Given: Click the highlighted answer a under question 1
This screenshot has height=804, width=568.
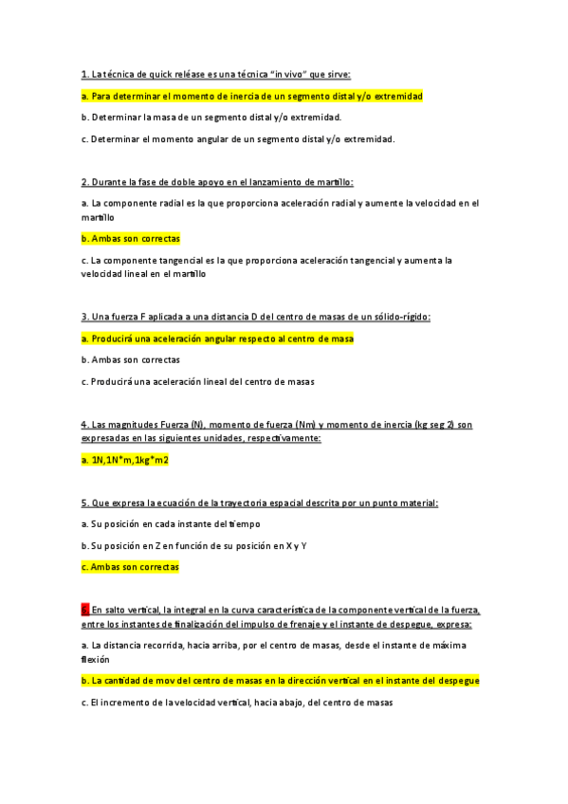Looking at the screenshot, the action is click(x=251, y=96).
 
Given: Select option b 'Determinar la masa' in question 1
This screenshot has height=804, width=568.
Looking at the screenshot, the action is click(x=211, y=118).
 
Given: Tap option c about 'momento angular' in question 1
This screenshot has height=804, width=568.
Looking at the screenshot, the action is click(x=237, y=139).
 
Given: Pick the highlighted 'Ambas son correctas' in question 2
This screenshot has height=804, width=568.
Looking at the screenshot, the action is click(x=131, y=239).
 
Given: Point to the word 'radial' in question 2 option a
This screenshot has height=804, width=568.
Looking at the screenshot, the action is click(x=177, y=203).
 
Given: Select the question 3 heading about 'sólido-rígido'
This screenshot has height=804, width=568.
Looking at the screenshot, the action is click(x=256, y=317).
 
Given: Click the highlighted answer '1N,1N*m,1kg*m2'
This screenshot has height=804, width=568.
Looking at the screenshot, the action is click(x=125, y=460).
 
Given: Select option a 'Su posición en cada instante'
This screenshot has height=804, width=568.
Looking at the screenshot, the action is click(x=171, y=523).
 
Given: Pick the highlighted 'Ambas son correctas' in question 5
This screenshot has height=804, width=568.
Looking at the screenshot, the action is click(x=131, y=567).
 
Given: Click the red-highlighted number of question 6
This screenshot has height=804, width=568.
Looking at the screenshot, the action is click(x=84, y=611).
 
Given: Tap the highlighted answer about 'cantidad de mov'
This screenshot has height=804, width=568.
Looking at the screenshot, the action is click(x=280, y=681).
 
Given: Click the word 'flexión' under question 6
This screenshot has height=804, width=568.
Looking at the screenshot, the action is click(x=96, y=659).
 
